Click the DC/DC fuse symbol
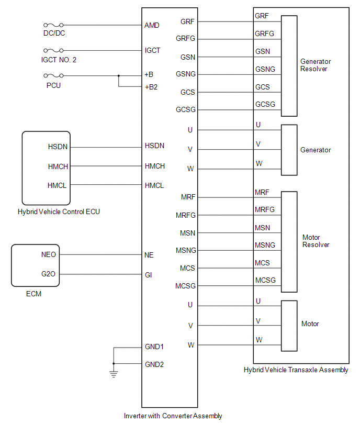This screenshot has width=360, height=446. point(54,25)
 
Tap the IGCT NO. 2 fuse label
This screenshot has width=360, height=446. point(59,60)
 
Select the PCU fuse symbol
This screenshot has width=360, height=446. point(54,75)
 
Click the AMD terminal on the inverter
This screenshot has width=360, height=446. point(152,25)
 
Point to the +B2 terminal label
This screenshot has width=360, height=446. point(152,87)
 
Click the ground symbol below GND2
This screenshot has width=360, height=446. point(114,373)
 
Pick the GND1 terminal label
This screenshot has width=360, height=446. point(154,347)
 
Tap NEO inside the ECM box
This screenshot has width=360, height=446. point(49,255)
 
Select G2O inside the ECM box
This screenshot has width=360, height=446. point(49,274)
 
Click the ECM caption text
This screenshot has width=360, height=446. point(33,294)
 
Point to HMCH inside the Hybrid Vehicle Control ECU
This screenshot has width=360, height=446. point(58,166)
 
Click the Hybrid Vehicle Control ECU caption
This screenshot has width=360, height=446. point(59,212)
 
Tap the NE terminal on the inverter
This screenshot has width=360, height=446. point(149,255)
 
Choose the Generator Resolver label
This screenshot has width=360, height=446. point(316,65)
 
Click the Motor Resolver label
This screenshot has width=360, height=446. point(316,241)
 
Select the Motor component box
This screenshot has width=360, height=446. point(289,326)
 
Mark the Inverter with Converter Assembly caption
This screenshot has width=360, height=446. point(173,416)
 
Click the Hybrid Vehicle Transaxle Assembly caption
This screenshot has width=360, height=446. point(296,370)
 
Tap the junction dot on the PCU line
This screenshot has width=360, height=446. point(119,75)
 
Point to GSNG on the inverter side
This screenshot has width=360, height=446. point(186,74)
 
